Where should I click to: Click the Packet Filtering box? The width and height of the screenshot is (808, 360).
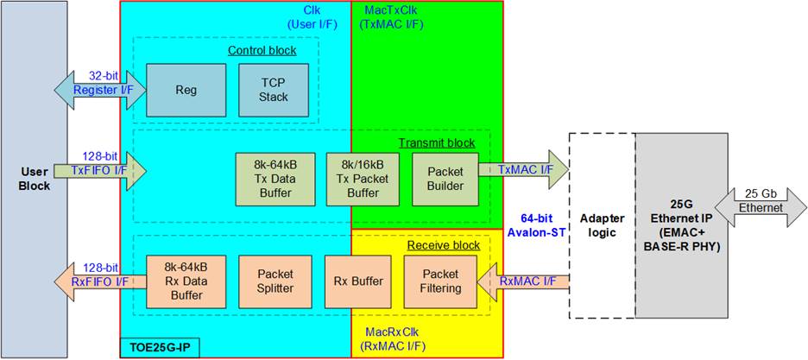coord(440,281)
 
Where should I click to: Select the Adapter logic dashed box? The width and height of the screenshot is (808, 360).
coord(602,224)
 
